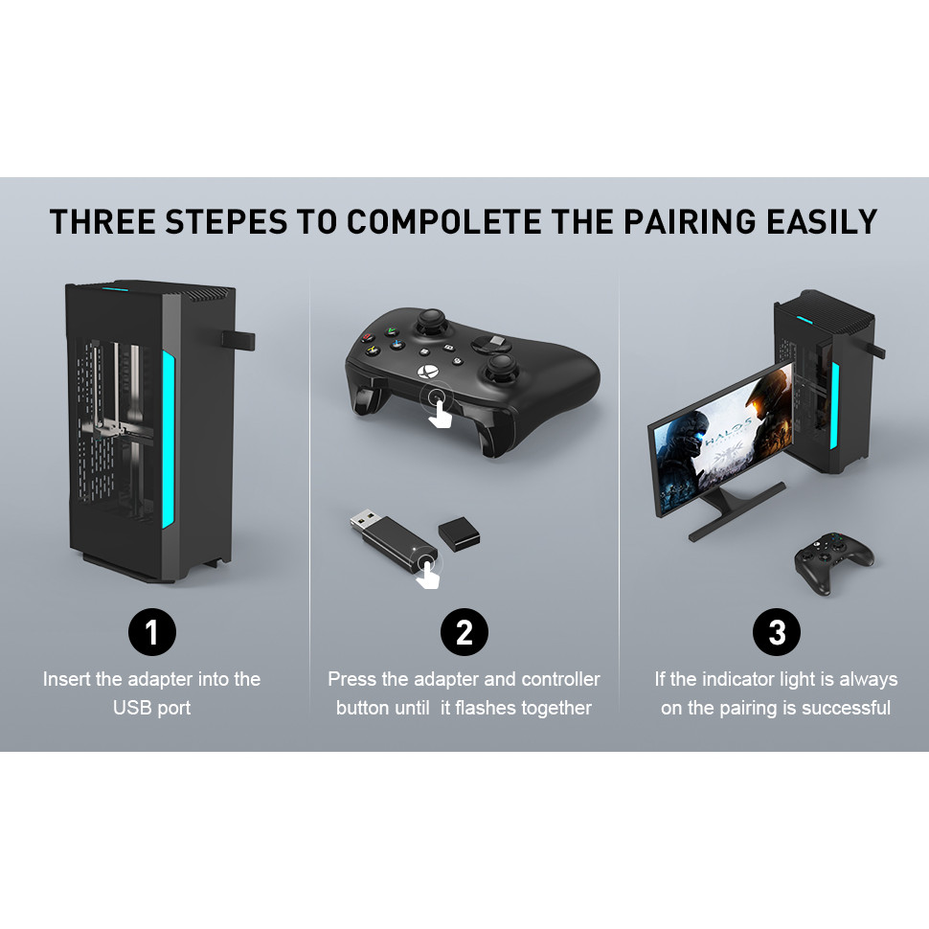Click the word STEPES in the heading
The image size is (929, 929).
[226, 221]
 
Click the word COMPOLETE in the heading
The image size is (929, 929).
[443, 221]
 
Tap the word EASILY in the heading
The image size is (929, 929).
[822, 221]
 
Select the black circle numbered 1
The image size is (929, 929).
[152, 631]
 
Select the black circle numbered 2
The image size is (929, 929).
[464, 631]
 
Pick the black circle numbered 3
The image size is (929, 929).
[777, 631]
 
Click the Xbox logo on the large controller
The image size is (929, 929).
[428, 373]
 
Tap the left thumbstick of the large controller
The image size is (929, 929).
[432, 323]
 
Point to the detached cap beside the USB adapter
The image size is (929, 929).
[459, 533]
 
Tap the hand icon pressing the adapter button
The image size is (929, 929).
[428, 574]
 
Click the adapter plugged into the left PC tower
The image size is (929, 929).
[238, 340]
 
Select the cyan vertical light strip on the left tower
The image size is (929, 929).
[169, 439]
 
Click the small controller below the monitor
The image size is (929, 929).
[833, 562]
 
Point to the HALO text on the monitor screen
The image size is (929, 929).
[728, 432]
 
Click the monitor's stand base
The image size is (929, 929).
[737, 510]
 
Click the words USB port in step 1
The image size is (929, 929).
[151, 708]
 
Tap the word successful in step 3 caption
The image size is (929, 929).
[846, 708]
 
